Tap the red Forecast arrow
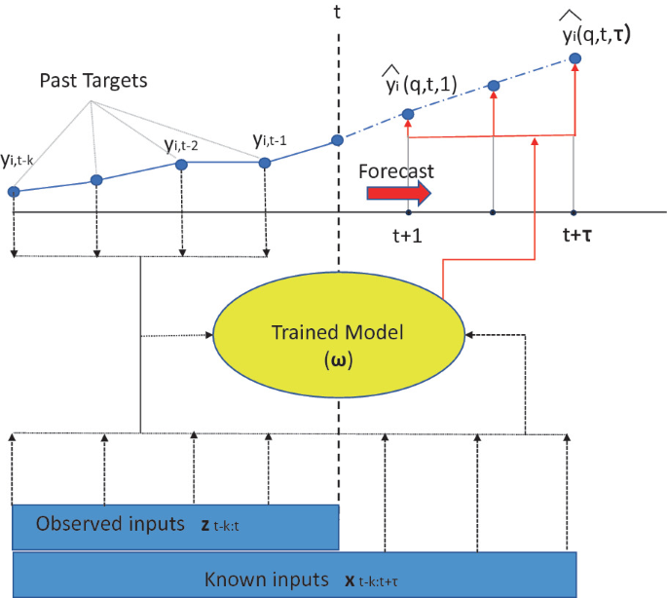pyautogui.click(x=398, y=193)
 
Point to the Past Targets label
pyautogui.click(x=93, y=81)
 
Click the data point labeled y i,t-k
pyautogui.click(x=14, y=192)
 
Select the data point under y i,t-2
pyautogui.click(x=180, y=165)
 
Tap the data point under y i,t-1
pyautogui.click(x=264, y=163)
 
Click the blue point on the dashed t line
pyautogui.click(x=338, y=140)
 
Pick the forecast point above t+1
pyautogui.click(x=408, y=115)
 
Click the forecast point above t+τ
pyautogui.click(x=574, y=59)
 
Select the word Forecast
pyautogui.click(x=395, y=170)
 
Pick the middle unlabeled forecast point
pyautogui.click(x=494, y=87)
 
